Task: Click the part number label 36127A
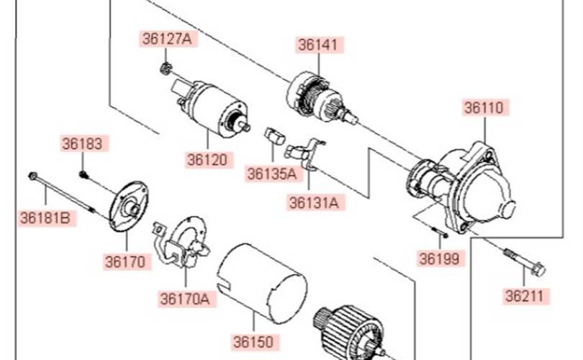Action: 168,39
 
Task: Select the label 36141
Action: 319,45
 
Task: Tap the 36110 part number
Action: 485,108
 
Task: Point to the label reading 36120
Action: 208,160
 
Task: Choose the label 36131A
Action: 315,203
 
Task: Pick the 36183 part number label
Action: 83,143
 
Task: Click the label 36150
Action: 255,342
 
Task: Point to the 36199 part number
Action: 440,259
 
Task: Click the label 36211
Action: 525,297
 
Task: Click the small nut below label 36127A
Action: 166,68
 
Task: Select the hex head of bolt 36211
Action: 538,269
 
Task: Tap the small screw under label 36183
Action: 83,174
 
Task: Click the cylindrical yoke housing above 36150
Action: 263,284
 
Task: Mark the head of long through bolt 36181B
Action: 32,176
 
